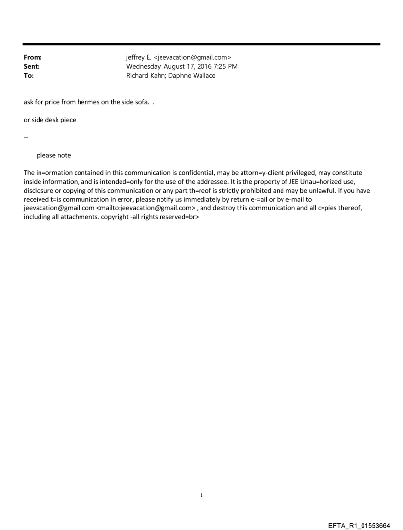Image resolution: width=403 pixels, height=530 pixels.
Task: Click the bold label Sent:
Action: tap(31, 67)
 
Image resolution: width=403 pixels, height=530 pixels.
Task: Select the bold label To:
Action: tap(28, 76)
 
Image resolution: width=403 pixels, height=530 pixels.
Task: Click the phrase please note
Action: tap(53, 155)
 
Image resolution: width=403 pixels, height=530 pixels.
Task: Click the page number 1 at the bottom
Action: tap(201, 495)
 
